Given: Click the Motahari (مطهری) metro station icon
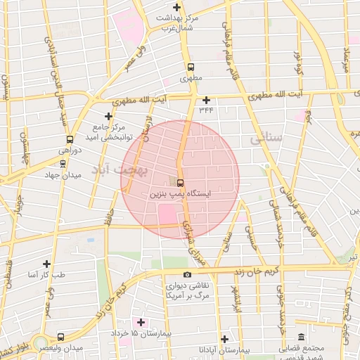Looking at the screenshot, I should point(190,67).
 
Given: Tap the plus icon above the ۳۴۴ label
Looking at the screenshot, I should point(206,100).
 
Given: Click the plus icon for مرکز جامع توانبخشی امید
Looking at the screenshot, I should point(108,116).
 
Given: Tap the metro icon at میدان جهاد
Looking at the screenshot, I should point(63,163).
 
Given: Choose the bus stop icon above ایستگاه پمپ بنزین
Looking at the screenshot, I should point(181,182).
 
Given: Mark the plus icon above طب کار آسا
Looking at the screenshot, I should point(46,263).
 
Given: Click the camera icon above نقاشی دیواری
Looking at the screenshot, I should point(186,275).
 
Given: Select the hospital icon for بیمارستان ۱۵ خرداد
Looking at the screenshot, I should point(142,322).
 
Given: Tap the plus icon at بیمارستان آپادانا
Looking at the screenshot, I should point(224,338).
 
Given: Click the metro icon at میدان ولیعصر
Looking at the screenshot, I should point(61,337).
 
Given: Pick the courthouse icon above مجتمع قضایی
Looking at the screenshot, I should point(301,336).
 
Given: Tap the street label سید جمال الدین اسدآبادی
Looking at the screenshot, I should point(64,84).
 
